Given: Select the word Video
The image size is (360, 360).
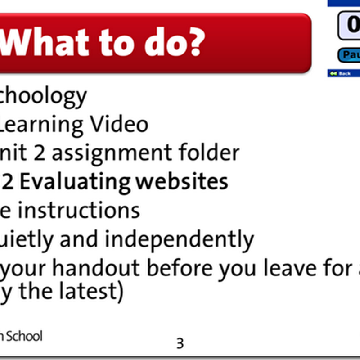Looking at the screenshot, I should [x=120, y=125].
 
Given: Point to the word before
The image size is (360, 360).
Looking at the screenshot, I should [x=180, y=269].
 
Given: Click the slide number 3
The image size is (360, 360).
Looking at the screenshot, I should [x=180, y=343].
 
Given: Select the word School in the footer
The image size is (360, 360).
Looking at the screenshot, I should [x=26, y=336].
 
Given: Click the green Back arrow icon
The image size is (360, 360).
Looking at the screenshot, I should [x=333, y=73].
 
